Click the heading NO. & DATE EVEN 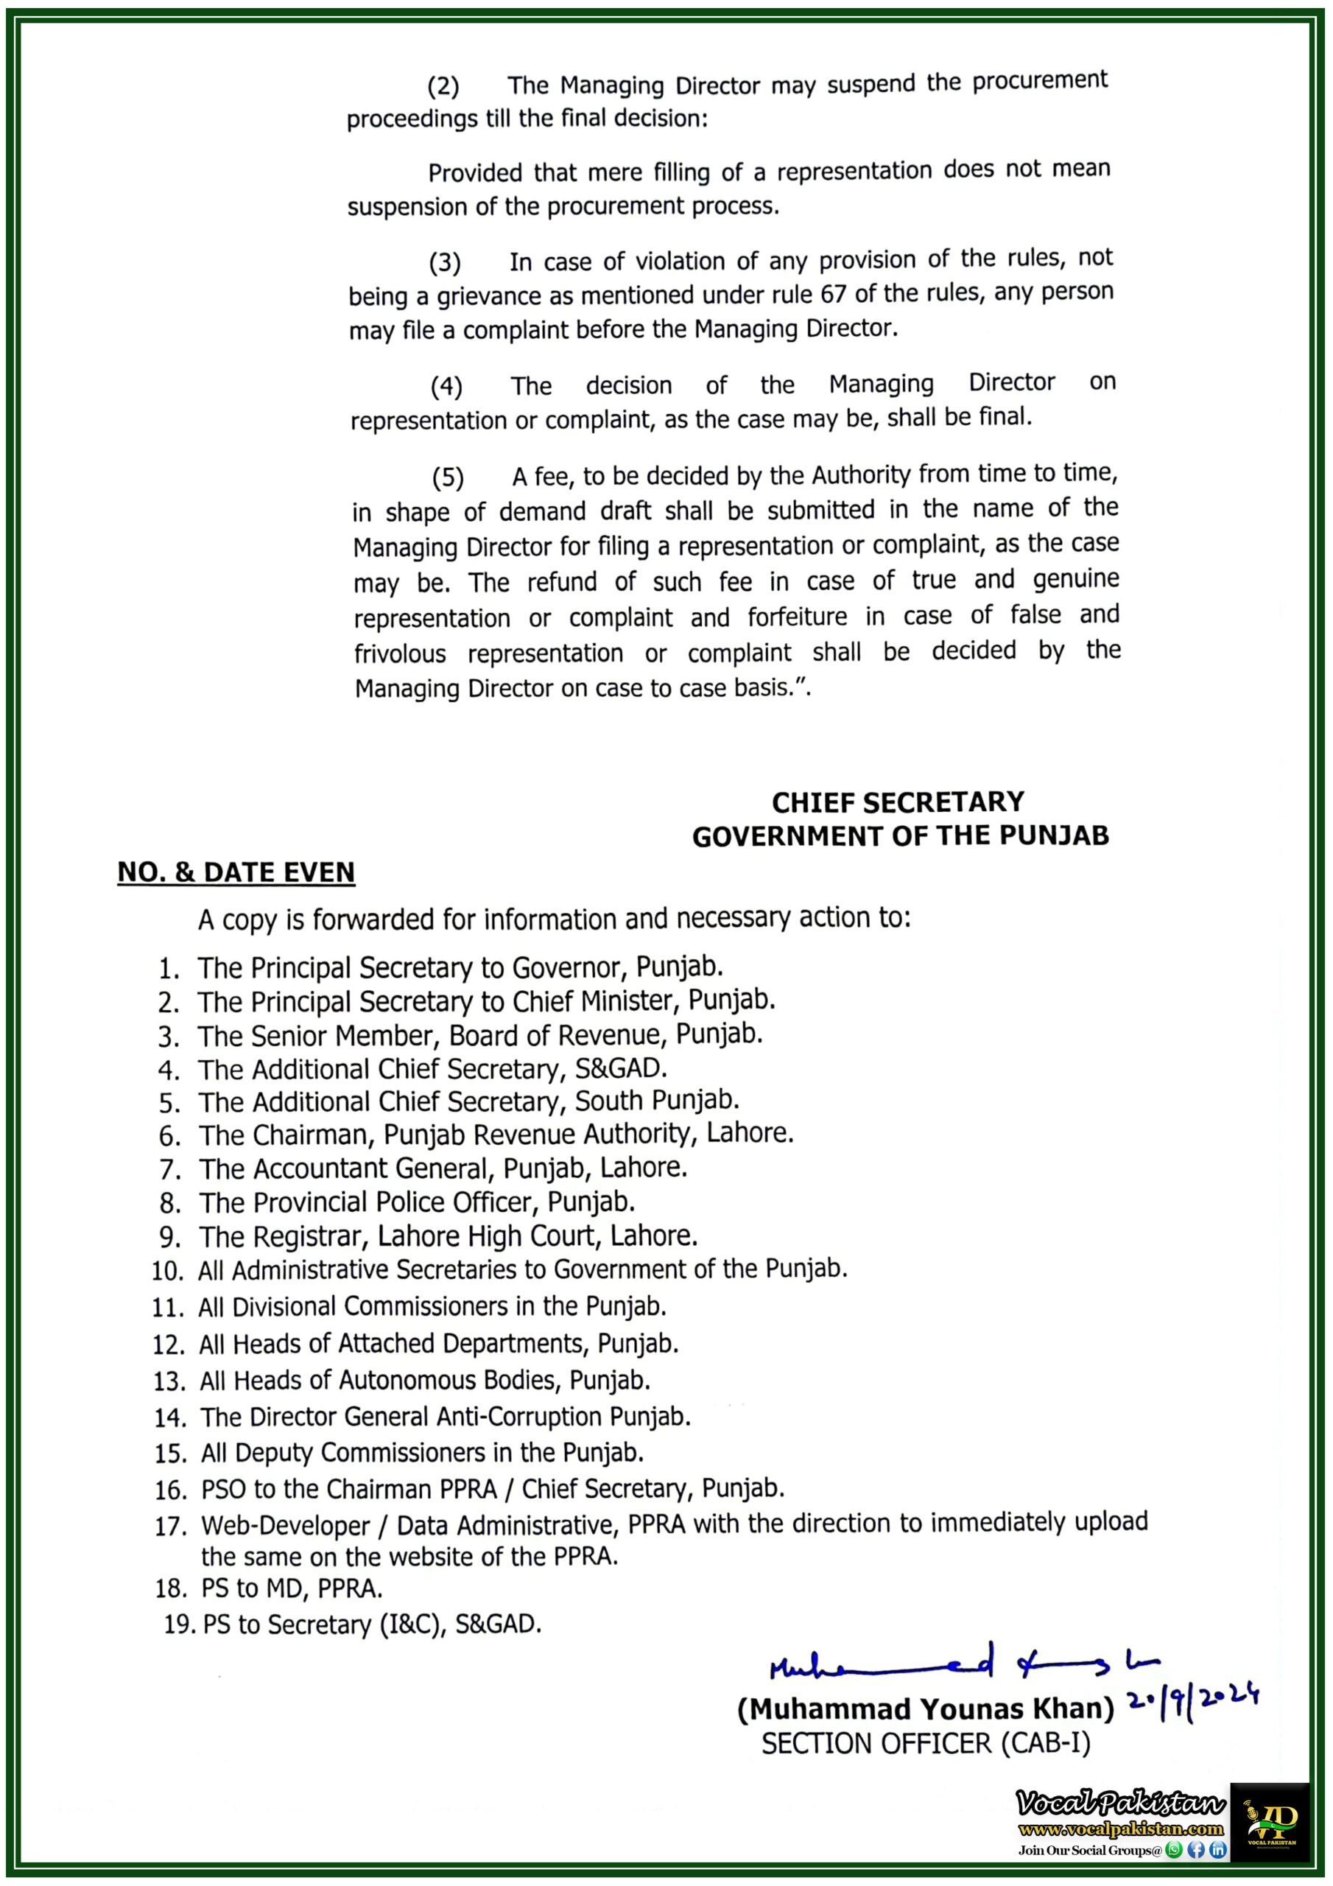(x=236, y=872)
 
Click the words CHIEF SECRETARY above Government (x=898, y=802)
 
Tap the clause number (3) (x=445, y=264)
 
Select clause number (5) (x=448, y=477)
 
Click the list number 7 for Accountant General (x=169, y=1170)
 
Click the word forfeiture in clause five (x=797, y=616)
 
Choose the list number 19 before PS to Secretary (x=178, y=1624)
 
